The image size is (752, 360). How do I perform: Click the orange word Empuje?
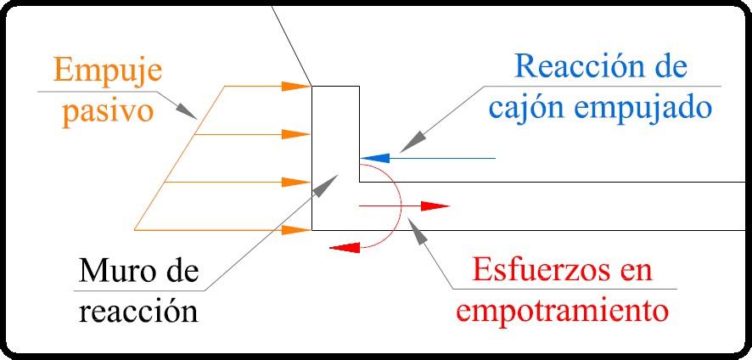pos(110,69)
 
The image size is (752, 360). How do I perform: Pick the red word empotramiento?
pos(562,310)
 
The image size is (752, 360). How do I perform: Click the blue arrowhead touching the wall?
pos(373,158)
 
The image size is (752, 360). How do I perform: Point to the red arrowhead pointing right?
pos(436,205)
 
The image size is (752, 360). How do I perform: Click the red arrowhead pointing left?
pos(341,247)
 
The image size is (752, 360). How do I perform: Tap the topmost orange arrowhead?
pos(298,86)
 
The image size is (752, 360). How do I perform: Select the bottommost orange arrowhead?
pos(298,229)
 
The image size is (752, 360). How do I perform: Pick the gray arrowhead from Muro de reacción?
pos(325,184)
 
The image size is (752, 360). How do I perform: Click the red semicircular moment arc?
pos(396,204)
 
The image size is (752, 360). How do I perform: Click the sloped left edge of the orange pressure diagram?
pos(178,158)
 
